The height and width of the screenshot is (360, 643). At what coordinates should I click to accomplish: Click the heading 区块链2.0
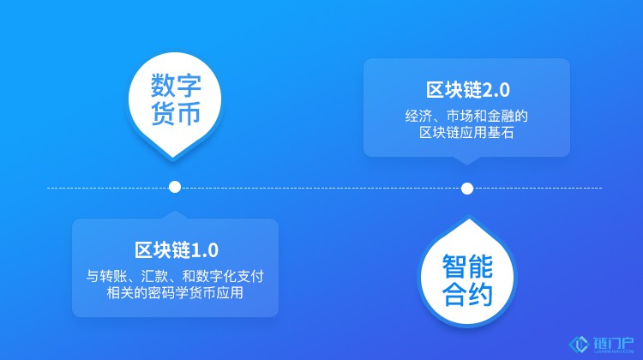click(x=467, y=90)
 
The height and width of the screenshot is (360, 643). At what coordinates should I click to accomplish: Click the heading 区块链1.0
click(x=177, y=250)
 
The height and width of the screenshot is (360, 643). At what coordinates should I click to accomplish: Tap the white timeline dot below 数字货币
click(x=175, y=187)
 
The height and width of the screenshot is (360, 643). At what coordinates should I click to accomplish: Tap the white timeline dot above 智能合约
click(x=467, y=189)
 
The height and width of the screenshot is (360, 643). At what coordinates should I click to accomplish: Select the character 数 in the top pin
click(x=163, y=85)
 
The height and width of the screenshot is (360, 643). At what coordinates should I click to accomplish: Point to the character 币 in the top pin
click(x=189, y=113)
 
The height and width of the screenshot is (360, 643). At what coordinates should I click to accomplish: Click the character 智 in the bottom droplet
click(x=454, y=267)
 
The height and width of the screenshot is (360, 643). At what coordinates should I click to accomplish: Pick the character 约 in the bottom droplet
click(x=480, y=294)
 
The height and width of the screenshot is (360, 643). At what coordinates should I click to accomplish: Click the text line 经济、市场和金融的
click(x=466, y=116)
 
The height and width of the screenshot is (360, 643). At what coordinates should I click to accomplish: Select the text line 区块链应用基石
click(x=466, y=133)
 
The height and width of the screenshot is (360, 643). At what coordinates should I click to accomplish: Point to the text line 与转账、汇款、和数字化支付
click(x=175, y=276)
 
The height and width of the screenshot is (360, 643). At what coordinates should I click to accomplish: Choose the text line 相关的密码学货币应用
click(x=175, y=293)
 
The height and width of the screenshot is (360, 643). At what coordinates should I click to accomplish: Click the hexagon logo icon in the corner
click(x=579, y=345)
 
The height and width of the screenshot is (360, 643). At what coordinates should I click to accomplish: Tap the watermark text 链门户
click(x=613, y=343)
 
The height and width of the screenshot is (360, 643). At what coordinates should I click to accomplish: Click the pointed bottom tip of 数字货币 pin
click(x=172, y=158)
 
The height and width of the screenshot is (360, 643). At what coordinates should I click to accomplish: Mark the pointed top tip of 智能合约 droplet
click(x=468, y=219)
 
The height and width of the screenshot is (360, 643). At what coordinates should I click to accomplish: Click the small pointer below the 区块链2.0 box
click(x=466, y=161)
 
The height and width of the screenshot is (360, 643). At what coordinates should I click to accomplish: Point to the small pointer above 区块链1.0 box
click(x=175, y=214)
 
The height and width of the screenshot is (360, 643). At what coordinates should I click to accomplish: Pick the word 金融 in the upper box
click(x=501, y=116)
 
